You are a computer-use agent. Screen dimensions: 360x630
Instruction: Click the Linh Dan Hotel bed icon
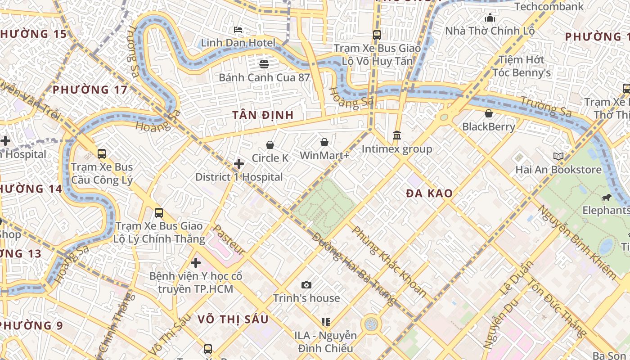tap(238, 30)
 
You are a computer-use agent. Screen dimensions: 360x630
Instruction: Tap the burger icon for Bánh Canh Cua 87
tap(264, 64)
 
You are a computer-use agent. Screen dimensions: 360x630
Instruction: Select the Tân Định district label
tap(263, 115)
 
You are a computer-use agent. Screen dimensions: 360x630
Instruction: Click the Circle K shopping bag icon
tap(270, 145)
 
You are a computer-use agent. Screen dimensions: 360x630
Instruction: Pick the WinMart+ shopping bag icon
tap(324, 143)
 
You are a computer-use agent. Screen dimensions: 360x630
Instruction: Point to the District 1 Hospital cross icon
tap(239, 164)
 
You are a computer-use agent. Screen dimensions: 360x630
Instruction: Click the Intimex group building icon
tap(397, 135)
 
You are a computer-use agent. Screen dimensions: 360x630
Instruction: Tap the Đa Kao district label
tap(429, 193)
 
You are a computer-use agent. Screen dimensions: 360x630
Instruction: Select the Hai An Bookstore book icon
tap(558, 157)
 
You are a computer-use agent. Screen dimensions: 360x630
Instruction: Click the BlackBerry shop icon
tap(488, 113)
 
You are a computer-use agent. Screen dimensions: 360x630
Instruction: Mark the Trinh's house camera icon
tap(306, 285)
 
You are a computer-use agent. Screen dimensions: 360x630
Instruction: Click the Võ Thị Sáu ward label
tap(233, 319)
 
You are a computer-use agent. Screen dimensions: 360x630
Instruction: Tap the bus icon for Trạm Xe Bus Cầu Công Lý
tap(102, 154)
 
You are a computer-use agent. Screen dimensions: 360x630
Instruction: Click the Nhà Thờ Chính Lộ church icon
tap(490, 18)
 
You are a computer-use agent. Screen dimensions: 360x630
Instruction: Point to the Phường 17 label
tap(90, 90)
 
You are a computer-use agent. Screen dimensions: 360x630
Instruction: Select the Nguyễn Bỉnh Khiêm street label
tap(578, 243)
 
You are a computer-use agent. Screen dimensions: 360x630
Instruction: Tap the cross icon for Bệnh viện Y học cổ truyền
tap(195, 262)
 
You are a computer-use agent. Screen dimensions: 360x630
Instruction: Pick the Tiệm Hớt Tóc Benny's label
tap(522, 66)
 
